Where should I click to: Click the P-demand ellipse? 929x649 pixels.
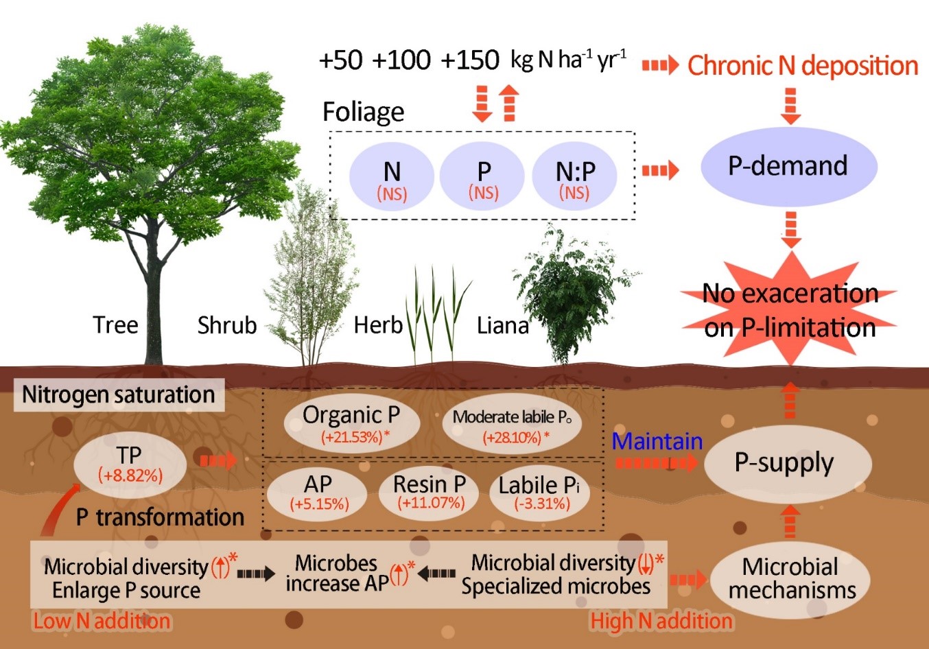pyautogui.click(x=788, y=167)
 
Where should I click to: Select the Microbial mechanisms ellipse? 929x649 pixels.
pyautogui.click(x=791, y=579)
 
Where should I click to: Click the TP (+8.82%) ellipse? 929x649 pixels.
pyautogui.click(x=130, y=464)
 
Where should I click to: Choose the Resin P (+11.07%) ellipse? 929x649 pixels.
pyautogui.click(x=430, y=492)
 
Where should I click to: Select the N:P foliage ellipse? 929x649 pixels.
pyautogui.click(x=575, y=179)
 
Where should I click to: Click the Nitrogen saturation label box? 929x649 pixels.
pyautogui.click(x=119, y=395)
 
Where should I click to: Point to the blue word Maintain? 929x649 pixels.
pyautogui.click(x=657, y=441)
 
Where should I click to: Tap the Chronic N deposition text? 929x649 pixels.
pyautogui.click(x=803, y=66)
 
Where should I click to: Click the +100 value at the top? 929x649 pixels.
pyautogui.click(x=401, y=60)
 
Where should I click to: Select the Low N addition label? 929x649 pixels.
pyautogui.click(x=102, y=622)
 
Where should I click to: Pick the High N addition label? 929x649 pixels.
pyautogui.click(x=661, y=622)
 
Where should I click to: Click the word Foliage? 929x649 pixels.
pyautogui.click(x=364, y=112)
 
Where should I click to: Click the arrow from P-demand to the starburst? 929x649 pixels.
pyautogui.click(x=791, y=229)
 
